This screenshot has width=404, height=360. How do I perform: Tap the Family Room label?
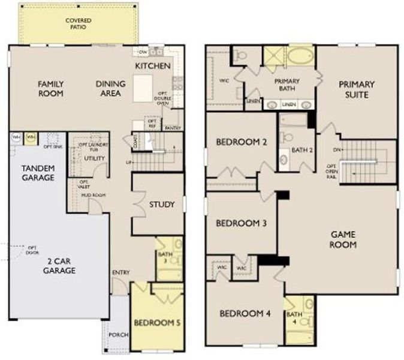[51, 89]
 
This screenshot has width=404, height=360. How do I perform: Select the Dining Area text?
[110, 89]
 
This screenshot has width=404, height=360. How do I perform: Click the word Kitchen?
[153, 65]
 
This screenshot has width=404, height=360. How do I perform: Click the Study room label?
[162, 205]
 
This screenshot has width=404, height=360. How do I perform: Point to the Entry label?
[120, 274]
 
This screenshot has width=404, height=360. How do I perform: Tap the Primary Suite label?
[357, 89]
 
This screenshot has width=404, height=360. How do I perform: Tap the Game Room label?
[343, 240]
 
